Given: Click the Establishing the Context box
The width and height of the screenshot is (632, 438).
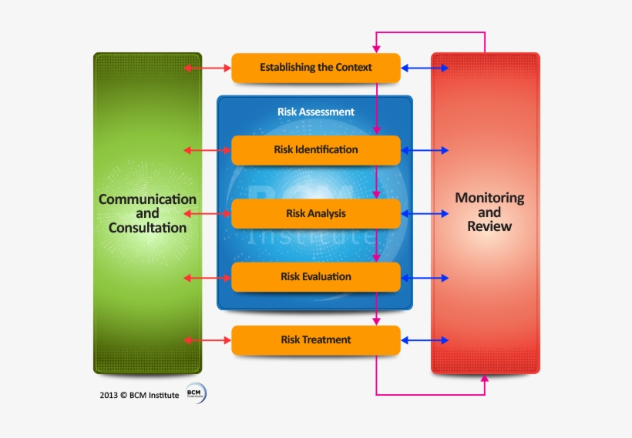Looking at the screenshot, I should click(316, 68).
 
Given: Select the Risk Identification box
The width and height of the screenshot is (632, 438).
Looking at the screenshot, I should click(316, 150).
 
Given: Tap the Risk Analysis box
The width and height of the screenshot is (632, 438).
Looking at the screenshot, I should click(316, 213).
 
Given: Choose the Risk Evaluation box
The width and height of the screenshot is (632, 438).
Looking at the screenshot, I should click(316, 276).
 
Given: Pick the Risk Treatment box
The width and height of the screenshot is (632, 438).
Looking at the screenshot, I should click(316, 339).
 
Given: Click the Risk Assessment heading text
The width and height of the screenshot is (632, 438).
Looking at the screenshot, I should click(316, 112).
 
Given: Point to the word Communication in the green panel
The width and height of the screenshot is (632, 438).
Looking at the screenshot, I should click(147, 199).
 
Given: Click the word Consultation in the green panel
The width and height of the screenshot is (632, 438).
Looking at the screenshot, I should click(147, 228).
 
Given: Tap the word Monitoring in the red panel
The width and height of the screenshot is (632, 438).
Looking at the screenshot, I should click(489, 198).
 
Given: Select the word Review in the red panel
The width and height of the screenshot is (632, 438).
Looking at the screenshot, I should click(489, 226).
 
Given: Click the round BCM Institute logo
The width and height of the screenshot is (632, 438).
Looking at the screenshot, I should click(196, 394).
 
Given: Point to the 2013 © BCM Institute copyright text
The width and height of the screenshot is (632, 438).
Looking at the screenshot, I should click(139, 395).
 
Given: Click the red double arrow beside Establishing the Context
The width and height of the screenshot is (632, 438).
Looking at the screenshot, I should click(208, 69).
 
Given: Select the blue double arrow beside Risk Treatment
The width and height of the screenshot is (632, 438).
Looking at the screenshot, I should click(425, 339).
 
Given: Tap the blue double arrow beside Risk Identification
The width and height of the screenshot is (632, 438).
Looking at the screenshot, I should click(425, 150).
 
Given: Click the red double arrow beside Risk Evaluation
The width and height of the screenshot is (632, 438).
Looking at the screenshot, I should click(208, 277).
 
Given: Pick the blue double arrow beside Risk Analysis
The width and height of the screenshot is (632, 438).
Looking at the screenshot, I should click(425, 213).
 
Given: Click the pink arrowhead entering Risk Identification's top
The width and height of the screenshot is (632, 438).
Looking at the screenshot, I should click(376, 131).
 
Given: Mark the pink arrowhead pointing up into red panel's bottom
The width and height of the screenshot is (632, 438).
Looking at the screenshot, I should click(485, 378).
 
